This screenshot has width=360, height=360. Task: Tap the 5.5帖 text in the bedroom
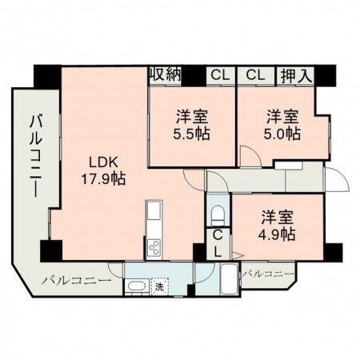coord(192,134)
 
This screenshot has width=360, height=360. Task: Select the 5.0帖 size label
coord(282,134)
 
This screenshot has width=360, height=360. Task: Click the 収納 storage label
coord(165,74)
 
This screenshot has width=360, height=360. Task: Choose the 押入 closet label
coord(297,75)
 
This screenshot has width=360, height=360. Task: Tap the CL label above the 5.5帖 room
coord(219,75)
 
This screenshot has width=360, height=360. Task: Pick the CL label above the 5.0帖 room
coord(254,75)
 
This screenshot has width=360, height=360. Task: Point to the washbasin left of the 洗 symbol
coord(136,286)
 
